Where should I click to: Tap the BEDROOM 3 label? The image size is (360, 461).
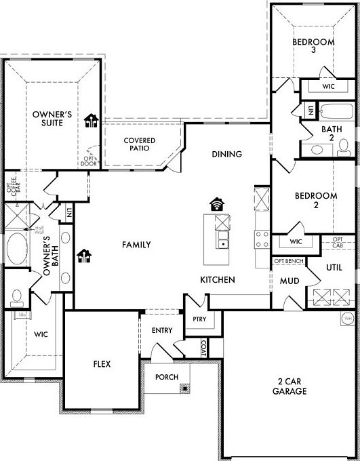313,46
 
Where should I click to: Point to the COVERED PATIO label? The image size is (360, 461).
139,144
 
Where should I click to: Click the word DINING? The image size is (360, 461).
226,154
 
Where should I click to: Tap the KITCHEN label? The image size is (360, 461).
218,279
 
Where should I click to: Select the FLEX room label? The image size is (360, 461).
102,364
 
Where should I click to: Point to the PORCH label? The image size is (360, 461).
166,377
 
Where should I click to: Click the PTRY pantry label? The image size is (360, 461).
199,319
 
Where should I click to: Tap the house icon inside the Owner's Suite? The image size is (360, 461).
92,121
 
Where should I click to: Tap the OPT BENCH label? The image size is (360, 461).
288,260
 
